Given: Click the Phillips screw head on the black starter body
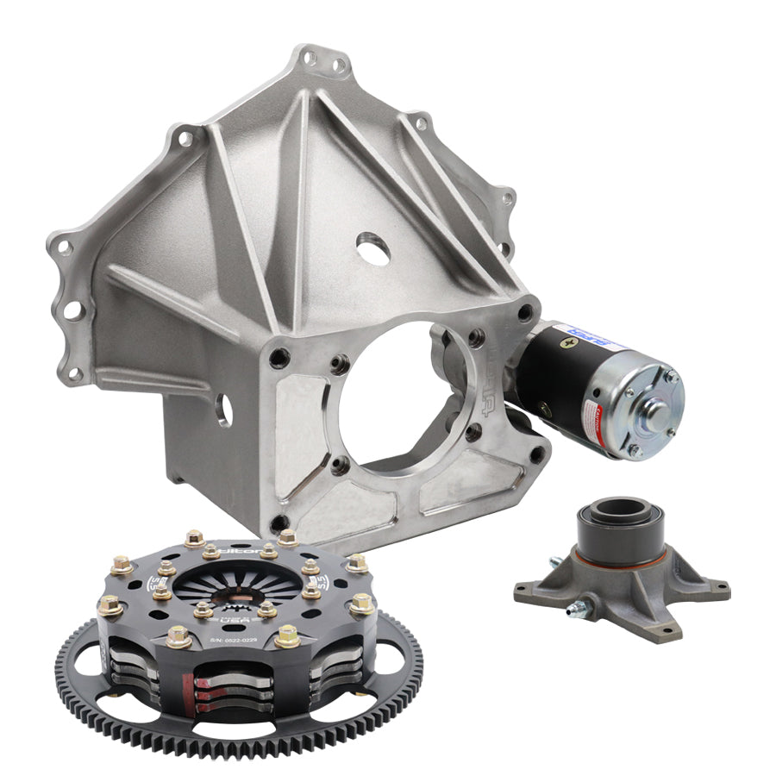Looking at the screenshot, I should coord(568,343).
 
